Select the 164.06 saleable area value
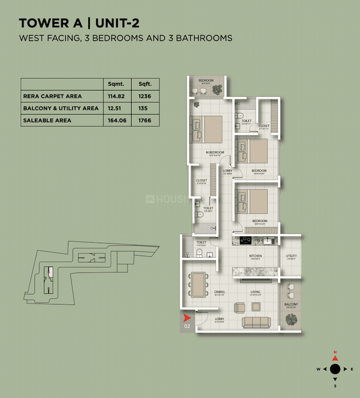pyautogui.click(x=115, y=120)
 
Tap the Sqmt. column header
pyautogui.click(x=115, y=84)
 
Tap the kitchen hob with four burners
pyautogui.click(x=245, y=240)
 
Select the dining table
pyautogui.click(x=197, y=284)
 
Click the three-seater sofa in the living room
pyautogui.click(x=256, y=322)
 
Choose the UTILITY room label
pyautogui.click(x=291, y=256)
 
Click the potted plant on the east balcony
pyautogui.click(x=291, y=319)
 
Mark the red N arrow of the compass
pyautogui.click(x=335, y=357)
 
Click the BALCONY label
pyautogui.click(x=291, y=304)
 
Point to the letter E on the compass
pyautogui.click(x=352, y=369)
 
